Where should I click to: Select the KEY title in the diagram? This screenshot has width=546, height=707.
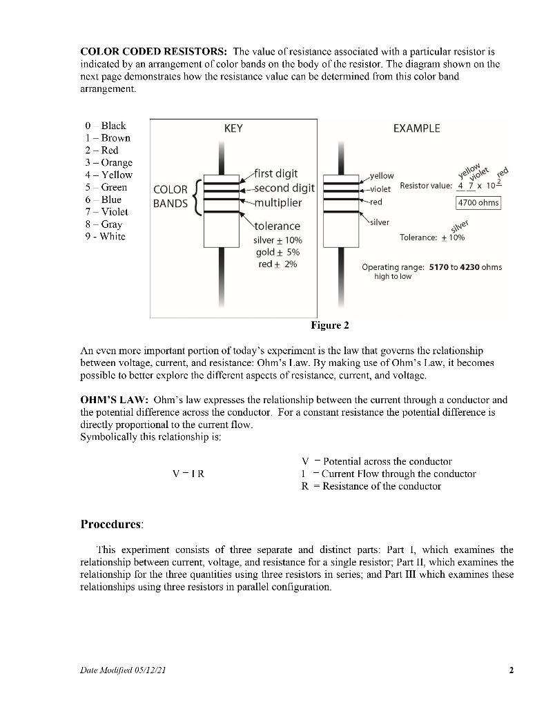click(x=233, y=128)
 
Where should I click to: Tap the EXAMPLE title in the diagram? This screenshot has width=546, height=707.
click(x=416, y=128)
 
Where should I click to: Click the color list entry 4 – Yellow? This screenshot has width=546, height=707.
click(x=107, y=175)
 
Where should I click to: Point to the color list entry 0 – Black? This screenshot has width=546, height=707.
click(x=105, y=125)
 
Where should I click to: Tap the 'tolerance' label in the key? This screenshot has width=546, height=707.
click(x=277, y=226)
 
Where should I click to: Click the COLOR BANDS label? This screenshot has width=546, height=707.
click(x=170, y=196)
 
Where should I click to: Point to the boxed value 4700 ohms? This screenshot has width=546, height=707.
click(x=478, y=203)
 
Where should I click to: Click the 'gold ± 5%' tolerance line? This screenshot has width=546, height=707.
click(x=278, y=252)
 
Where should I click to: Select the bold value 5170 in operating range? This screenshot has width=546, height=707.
click(x=442, y=267)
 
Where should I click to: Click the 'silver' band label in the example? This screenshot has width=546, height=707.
click(x=379, y=222)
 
